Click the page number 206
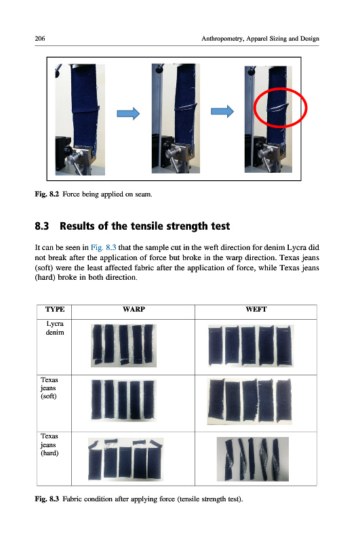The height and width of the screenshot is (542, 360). coord(40,39)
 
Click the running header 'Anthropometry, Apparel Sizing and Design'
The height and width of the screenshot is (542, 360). coord(260,39)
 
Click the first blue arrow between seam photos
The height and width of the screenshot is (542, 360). coord(128,113)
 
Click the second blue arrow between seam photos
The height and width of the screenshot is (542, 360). coord(222,111)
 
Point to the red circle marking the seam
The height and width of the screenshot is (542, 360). coord(281,89)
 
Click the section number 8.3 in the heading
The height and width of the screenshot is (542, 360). coord(42,226)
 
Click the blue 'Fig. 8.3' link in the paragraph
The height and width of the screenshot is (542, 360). coord(104,247)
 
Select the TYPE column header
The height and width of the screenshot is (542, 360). coord(55,309)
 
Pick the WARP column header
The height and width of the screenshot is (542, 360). coord(134,309)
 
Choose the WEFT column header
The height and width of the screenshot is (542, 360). coord(256,309)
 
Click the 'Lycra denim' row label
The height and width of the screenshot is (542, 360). coord(55,328)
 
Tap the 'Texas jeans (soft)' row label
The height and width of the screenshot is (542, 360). coord(49,388)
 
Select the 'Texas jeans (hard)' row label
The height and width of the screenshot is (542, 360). coord(49,444)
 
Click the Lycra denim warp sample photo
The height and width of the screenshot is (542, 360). coord(123,346)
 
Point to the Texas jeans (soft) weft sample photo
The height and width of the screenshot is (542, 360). coord(249,401)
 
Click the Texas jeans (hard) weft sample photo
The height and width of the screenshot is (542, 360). coord(253,459)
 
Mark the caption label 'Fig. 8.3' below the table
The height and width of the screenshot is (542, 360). coord(47,499)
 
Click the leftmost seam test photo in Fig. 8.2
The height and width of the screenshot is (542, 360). coord(80,119)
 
